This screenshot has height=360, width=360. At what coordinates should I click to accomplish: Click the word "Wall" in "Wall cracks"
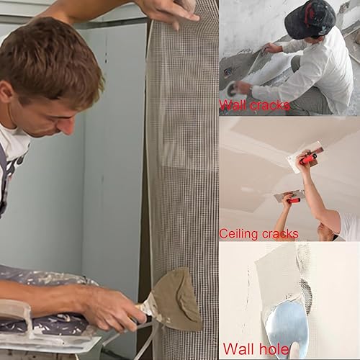point(233,104)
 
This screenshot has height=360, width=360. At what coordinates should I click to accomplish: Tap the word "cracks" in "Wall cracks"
point(270,105)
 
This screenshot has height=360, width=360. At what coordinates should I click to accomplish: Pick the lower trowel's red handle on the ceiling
point(294,200)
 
